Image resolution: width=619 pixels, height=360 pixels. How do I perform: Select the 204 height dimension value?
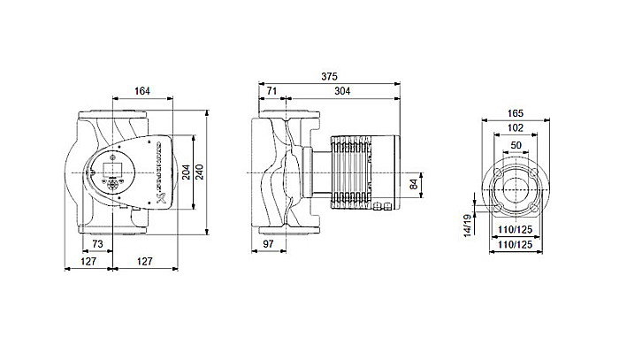pyautogui.click(x=186, y=171)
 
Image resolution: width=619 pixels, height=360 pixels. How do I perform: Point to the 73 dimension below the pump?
pyautogui.click(x=97, y=243)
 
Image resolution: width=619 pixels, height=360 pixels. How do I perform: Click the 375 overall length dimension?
pyautogui.click(x=329, y=75)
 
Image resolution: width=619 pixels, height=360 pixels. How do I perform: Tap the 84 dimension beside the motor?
pyautogui.click(x=414, y=185)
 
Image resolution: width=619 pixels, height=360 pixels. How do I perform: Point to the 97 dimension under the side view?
pyautogui.click(x=271, y=243)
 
